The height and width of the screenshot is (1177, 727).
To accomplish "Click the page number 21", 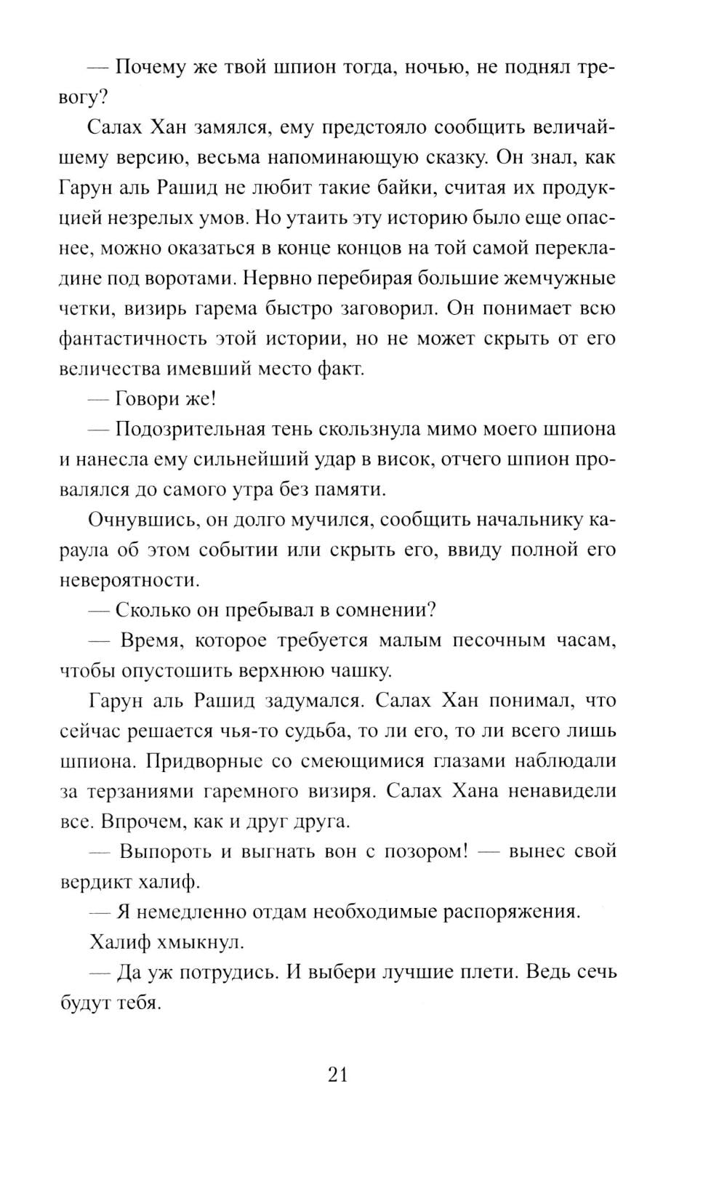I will click(x=338, y=1074).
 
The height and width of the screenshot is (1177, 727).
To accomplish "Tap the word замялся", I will click(x=234, y=128).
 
